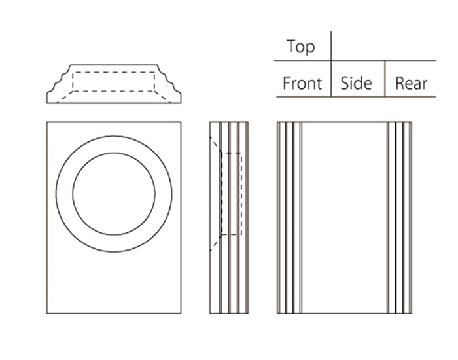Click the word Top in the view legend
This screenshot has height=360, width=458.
[x=300, y=47]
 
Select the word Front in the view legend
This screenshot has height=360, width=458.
[x=302, y=84]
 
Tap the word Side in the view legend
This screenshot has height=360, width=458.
[x=357, y=84]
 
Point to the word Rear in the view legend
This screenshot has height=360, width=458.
[x=411, y=84]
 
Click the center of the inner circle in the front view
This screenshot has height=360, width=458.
[x=114, y=194]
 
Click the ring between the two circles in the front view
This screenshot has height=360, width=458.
[x=64, y=194]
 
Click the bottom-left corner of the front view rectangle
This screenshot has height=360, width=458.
[x=47, y=313]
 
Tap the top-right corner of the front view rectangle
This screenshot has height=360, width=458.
[x=181, y=122]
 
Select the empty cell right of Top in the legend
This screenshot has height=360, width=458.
[x=383, y=47]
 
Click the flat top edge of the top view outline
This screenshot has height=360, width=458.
[x=114, y=65]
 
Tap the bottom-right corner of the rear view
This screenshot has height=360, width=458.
[x=412, y=313]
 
